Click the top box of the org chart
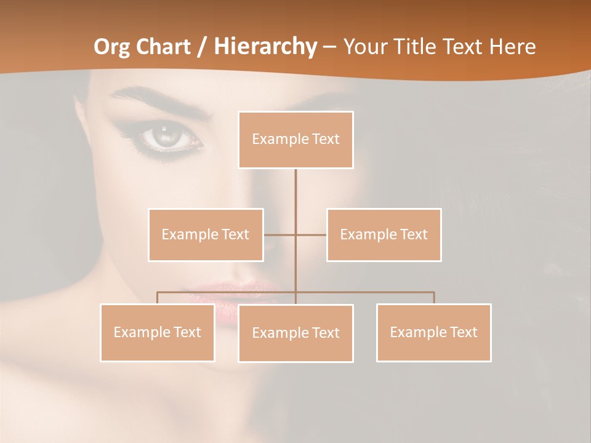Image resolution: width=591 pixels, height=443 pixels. [295, 140]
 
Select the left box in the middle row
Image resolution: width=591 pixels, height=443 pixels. [206, 234]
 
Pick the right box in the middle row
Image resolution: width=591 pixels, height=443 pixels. [384, 234]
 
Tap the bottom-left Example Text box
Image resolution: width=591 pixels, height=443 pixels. [158, 332]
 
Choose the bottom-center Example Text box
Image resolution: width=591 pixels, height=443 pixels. [295, 333]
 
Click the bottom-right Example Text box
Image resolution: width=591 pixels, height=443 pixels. [433, 332]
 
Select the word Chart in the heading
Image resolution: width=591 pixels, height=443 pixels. [164, 47]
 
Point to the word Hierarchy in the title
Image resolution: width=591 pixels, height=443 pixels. [265, 47]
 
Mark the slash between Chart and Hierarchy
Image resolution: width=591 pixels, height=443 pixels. [202, 47]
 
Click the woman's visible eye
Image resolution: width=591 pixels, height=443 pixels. [165, 137]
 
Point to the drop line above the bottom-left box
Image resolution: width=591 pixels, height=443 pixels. [158, 298]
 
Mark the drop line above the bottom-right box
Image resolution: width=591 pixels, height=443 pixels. [434, 298]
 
